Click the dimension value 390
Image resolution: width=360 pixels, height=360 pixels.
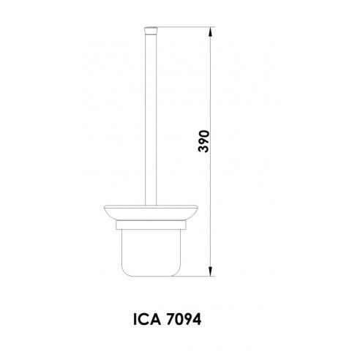coord(204,140)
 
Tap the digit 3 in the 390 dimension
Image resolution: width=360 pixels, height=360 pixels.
coord(204,151)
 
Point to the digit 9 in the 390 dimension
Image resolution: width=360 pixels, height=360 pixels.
coord(204,140)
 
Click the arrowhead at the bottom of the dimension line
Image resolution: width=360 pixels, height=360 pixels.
coord(212,273)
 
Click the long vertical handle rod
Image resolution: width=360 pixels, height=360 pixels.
coord(150,117)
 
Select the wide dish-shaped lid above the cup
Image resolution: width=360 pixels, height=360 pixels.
coord(150,211)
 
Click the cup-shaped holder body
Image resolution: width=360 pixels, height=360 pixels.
coord(150,249)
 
